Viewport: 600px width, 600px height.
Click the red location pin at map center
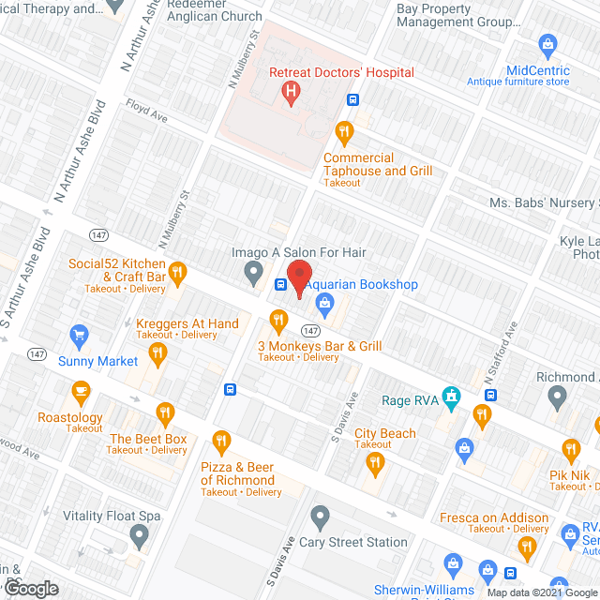point(299,277)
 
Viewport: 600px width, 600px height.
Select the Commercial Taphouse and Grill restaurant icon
point(345,130)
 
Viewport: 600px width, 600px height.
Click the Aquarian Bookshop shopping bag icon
point(324,302)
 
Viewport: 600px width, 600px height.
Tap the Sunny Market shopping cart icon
point(80,335)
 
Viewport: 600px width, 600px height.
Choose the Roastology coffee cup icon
point(82,391)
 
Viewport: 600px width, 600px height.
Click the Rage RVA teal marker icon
point(452,398)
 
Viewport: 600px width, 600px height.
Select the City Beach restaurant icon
point(376,461)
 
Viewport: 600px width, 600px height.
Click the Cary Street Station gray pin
point(321,517)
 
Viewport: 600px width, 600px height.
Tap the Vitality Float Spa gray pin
point(140,536)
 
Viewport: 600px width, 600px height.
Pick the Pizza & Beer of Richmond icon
point(221,440)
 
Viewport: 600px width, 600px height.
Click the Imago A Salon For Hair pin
point(252,273)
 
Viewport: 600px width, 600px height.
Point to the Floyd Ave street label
point(146,117)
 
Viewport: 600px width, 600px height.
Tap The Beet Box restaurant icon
point(166,412)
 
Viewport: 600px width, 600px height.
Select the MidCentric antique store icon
point(547,44)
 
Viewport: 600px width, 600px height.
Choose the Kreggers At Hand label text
point(187,323)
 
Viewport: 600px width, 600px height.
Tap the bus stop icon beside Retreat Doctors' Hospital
point(353,99)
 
